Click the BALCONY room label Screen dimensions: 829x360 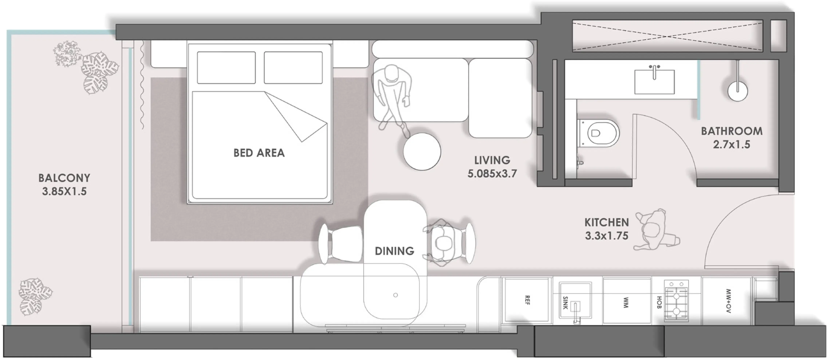[x=64, y=178]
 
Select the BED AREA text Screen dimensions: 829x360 [x=259, y=153]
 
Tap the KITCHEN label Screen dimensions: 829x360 [x=607, y=222]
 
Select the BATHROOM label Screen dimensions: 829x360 [x=732, y=131]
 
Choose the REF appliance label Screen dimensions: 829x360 [x=527, y=300]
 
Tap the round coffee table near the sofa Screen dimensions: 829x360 [x=422, y=152]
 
